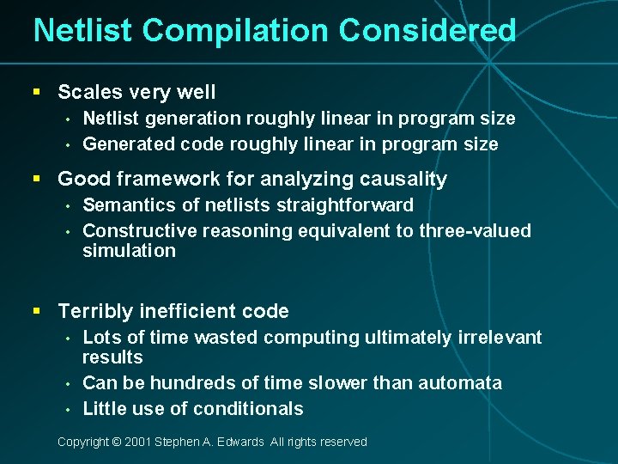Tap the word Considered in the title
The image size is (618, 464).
click(x=427, y=31)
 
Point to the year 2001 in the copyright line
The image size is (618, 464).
click(x=138, y=442)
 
